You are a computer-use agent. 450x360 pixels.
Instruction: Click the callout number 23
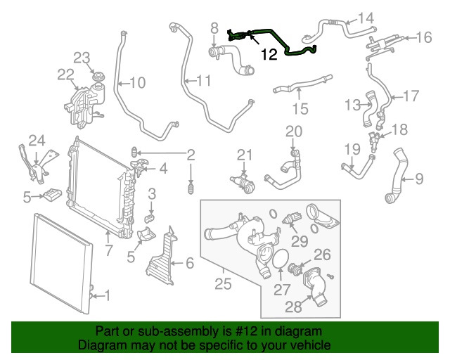click(82, 57)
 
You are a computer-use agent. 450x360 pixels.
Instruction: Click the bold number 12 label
click(270, 53)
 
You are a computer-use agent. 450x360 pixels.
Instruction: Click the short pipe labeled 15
click(292, 89)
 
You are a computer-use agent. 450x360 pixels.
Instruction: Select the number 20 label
click(293, 131)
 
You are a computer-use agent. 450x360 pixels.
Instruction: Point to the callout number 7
click(108, 250)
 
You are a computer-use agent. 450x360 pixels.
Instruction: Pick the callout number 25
click(224, 284)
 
